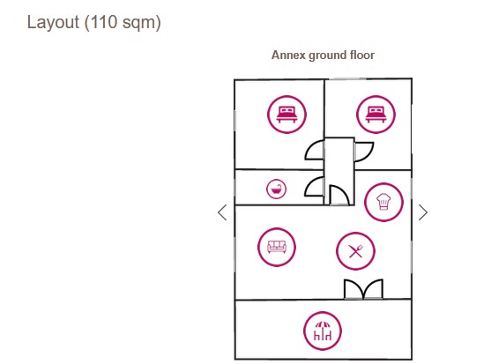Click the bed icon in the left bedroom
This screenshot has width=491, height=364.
pos(286,115)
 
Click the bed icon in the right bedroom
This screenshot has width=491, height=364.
pos(376,115)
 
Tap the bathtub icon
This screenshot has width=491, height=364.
pos(276,189)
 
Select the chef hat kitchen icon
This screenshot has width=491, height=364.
pos(383,202)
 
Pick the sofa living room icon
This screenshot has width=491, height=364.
pos(277,247)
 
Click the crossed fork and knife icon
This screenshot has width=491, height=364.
pos(355,251)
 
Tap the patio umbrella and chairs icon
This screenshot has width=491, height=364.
pos(323,331)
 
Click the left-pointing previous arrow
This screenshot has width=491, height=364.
pos(222,212)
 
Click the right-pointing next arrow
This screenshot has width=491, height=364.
pos(423,212)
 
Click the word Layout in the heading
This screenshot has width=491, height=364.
pos(53,23)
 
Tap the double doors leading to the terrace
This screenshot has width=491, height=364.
pos(363,289)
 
